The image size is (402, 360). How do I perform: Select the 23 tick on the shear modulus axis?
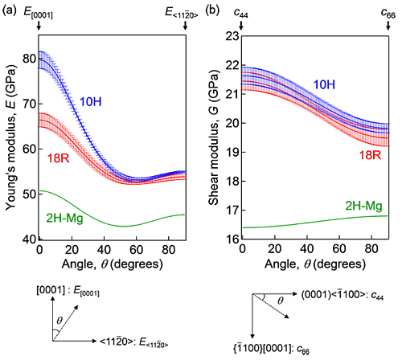[231, 36]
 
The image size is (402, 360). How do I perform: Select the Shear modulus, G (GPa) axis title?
[213, 137]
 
